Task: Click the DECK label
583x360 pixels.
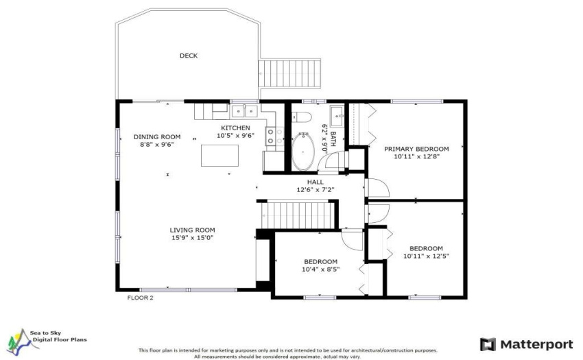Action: click(189, 56)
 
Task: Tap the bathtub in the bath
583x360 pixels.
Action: click(303, 152)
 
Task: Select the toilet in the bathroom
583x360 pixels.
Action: click(302, 117)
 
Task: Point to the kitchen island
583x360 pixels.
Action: click(219, 156)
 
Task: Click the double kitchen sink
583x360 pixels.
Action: click(245, 111)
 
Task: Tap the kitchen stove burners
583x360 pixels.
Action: click(271, 136)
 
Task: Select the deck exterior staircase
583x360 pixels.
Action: click(289, 73)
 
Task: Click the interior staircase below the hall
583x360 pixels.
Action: click(298, 215)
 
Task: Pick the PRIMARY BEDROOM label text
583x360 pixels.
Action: click(416, 149)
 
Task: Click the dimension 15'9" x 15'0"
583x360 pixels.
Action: click(193, 238)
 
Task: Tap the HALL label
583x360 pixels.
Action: click(316, 182)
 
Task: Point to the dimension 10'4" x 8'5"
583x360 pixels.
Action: click(320, 269)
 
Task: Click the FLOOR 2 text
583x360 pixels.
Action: click(140, 298)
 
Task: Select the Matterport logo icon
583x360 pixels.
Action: click(488, 344)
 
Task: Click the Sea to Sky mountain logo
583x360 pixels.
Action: click(23, 341)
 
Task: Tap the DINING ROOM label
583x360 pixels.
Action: click(157, 137)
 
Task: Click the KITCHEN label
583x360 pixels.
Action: click(235, 128)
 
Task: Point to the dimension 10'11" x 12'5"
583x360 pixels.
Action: click(426, 256)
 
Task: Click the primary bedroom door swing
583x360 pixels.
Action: click(379, 188)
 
